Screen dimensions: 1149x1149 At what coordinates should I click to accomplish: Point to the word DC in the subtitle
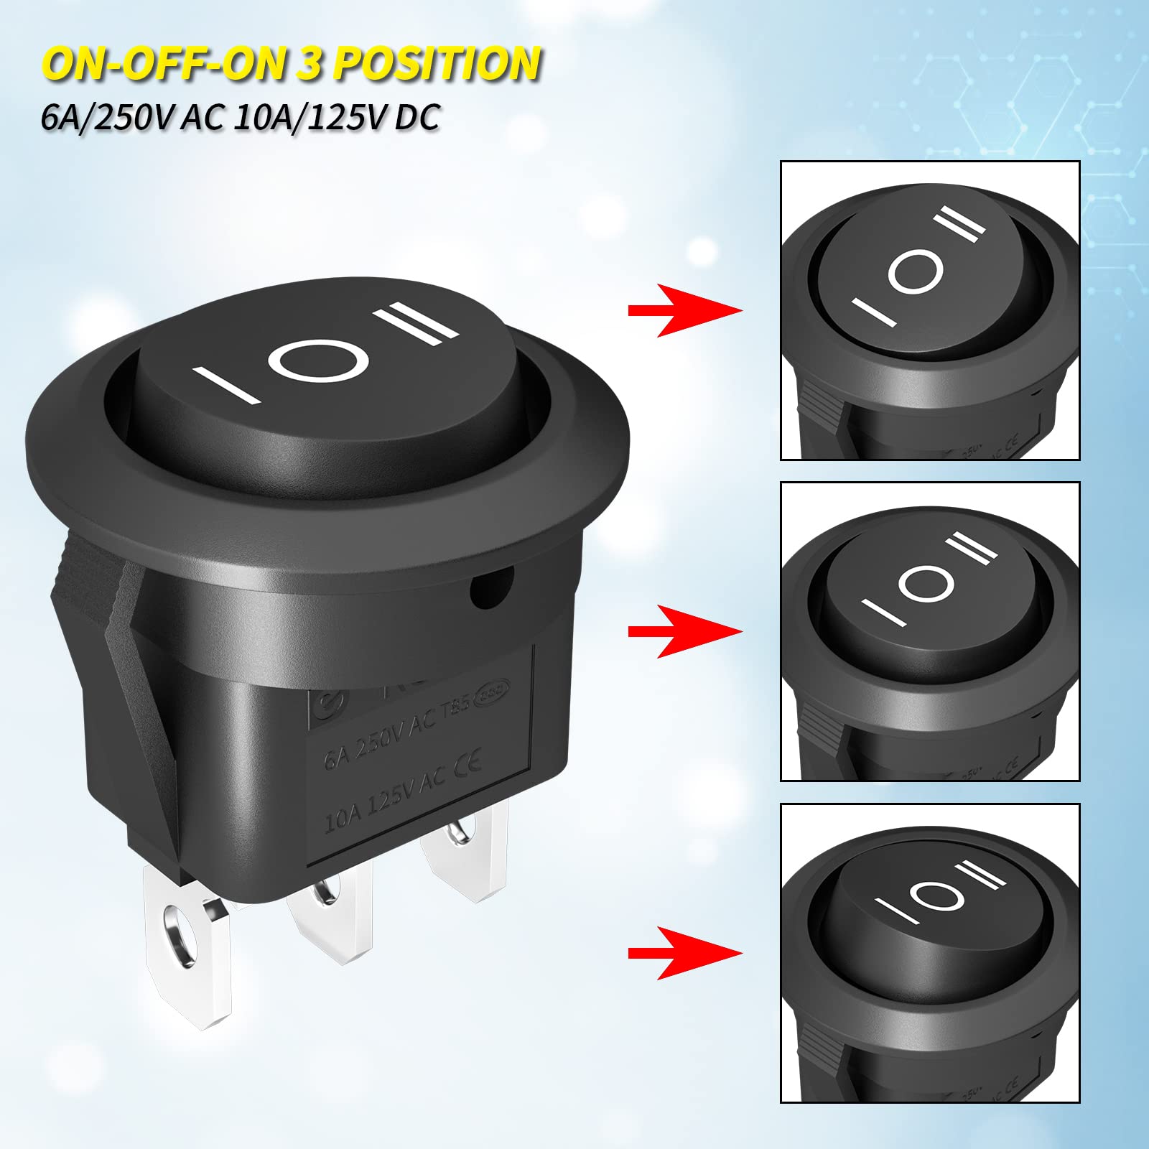pyautogui.click(x=417, y=116)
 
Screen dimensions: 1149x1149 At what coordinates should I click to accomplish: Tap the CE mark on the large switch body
pyautogui.click(x=468, y=761)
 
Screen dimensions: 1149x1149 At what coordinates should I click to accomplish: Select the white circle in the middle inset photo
pyautogui.click(x=922, y=585)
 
